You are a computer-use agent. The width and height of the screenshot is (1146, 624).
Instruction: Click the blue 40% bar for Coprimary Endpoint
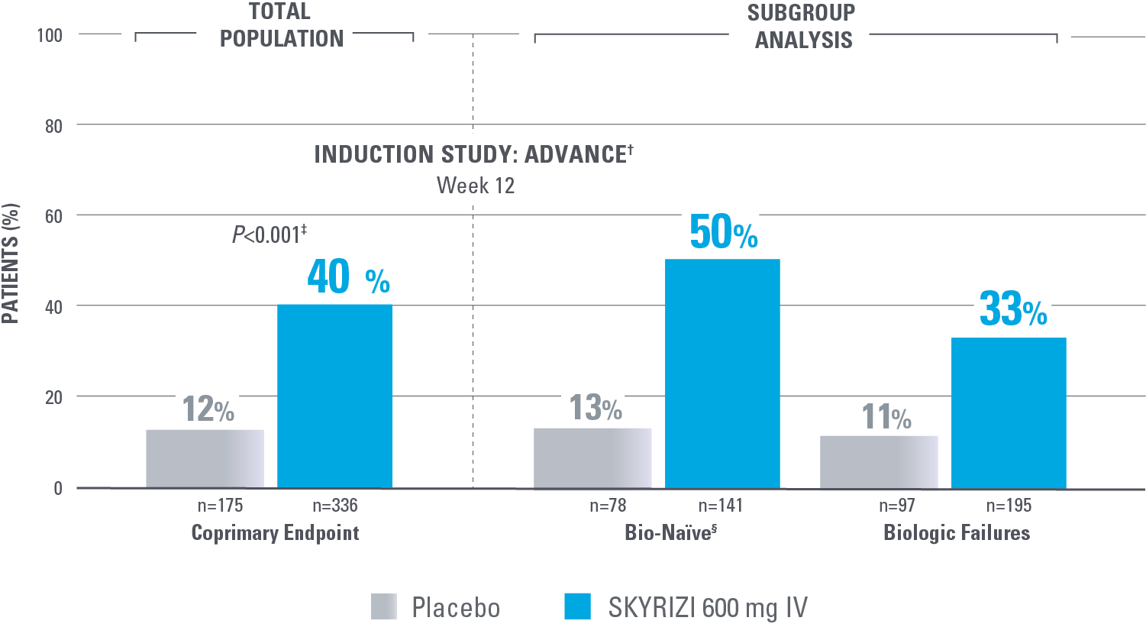(x=334, y=396)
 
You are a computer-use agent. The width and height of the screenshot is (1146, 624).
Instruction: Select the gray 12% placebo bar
(x=205, y=458)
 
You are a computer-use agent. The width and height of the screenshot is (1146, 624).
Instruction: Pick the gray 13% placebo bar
(x=592, y=457)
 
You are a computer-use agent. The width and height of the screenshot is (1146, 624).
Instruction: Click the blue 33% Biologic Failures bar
(x=1009, y=412)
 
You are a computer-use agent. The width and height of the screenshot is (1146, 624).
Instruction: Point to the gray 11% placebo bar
(x=879, y=461)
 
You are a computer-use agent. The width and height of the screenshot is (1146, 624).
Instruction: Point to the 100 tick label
(x=50, y=36)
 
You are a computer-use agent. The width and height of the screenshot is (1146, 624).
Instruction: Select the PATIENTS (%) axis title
(x=11, y=263)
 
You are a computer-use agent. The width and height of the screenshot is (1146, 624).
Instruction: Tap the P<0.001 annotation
(x=269, y=234)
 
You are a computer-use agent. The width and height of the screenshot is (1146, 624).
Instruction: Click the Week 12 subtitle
(x=476, y=186)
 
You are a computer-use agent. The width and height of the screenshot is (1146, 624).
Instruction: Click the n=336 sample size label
(x=334, y=506)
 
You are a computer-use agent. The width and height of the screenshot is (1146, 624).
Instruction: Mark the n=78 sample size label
(x=608, y=506)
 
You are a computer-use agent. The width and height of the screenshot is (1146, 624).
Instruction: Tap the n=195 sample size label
(x=1009, y=506)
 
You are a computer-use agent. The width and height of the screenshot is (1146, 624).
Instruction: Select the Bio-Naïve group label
(x=670, y=532)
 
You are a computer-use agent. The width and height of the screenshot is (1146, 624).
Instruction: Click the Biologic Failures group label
(x=957, y=532)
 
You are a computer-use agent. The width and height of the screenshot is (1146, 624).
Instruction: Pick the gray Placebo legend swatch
(x=384, y=607)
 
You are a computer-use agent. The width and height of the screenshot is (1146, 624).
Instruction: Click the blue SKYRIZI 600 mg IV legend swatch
(x=577, y=607)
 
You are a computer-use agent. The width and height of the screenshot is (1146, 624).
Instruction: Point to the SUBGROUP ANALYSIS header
(x=802, y=26)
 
